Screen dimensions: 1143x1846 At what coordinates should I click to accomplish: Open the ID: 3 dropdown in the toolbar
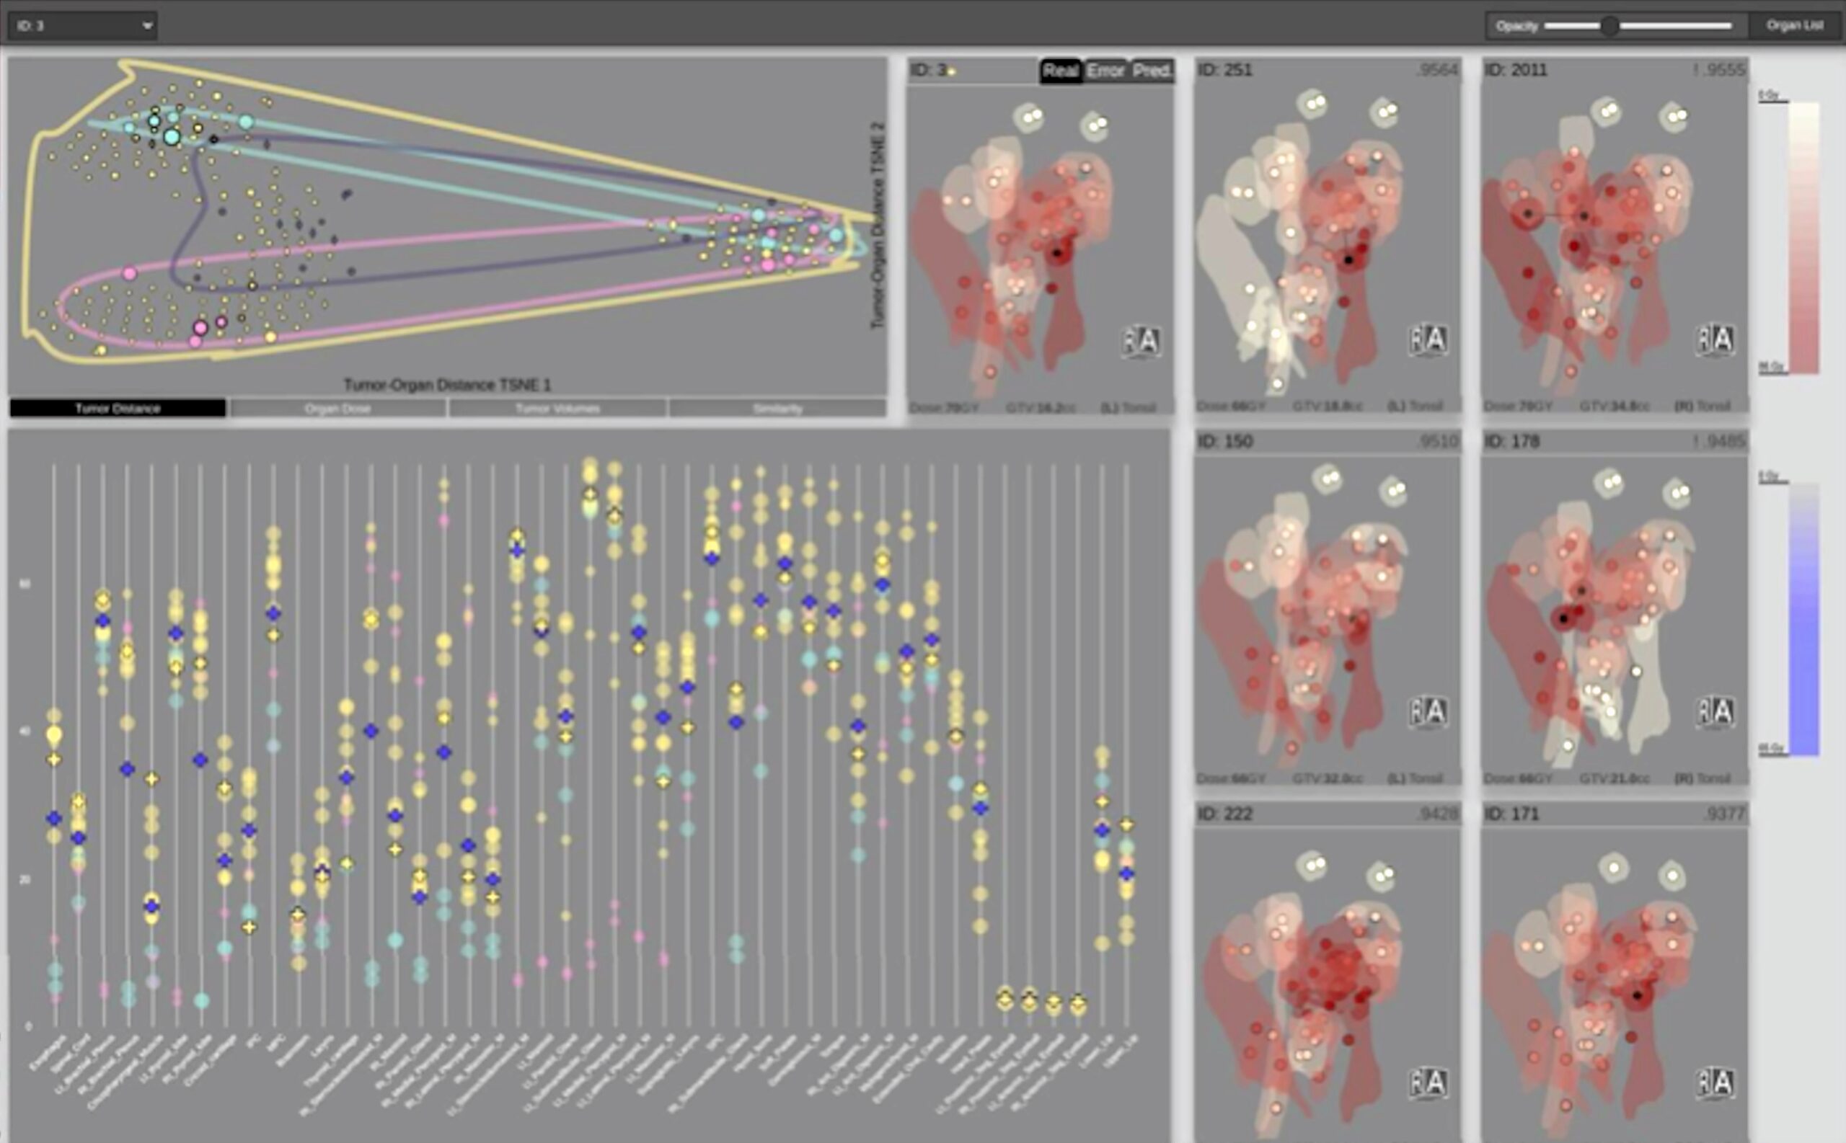click(83, 26)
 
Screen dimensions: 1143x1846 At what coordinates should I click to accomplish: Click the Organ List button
click(1795, 25)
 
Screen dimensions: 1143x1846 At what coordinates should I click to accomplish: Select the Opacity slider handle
click(1609, 26)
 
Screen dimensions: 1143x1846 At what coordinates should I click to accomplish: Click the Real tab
click(1060, 71)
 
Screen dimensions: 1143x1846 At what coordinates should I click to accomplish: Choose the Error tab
click(1105, 71)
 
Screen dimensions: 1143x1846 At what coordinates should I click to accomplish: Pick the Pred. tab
click(1152, 71)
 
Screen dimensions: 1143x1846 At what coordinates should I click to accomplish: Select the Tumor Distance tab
click(118, 408)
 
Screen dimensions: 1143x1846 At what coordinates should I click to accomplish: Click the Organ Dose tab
click(337, 408)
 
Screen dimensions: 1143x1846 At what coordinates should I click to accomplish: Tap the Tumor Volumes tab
click(557, 408)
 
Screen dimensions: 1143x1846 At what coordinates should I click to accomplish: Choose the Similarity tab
click(777, 408)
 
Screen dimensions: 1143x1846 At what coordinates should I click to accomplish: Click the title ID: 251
click(1225, 71)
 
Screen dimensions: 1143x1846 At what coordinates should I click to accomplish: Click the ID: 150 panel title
click(1225, 442)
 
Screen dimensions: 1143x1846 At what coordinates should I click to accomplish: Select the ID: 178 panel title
click(1511, 442)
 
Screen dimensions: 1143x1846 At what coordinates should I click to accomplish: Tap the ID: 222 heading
click(1225, 814)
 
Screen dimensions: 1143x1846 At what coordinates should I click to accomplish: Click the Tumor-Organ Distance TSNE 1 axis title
click(447, 385)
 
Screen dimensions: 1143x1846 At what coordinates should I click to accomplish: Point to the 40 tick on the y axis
click(28, 731)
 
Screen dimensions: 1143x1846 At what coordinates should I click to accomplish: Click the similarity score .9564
click(1437, 71)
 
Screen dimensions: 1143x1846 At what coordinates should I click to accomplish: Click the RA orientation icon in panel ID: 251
click(1428, 339)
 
